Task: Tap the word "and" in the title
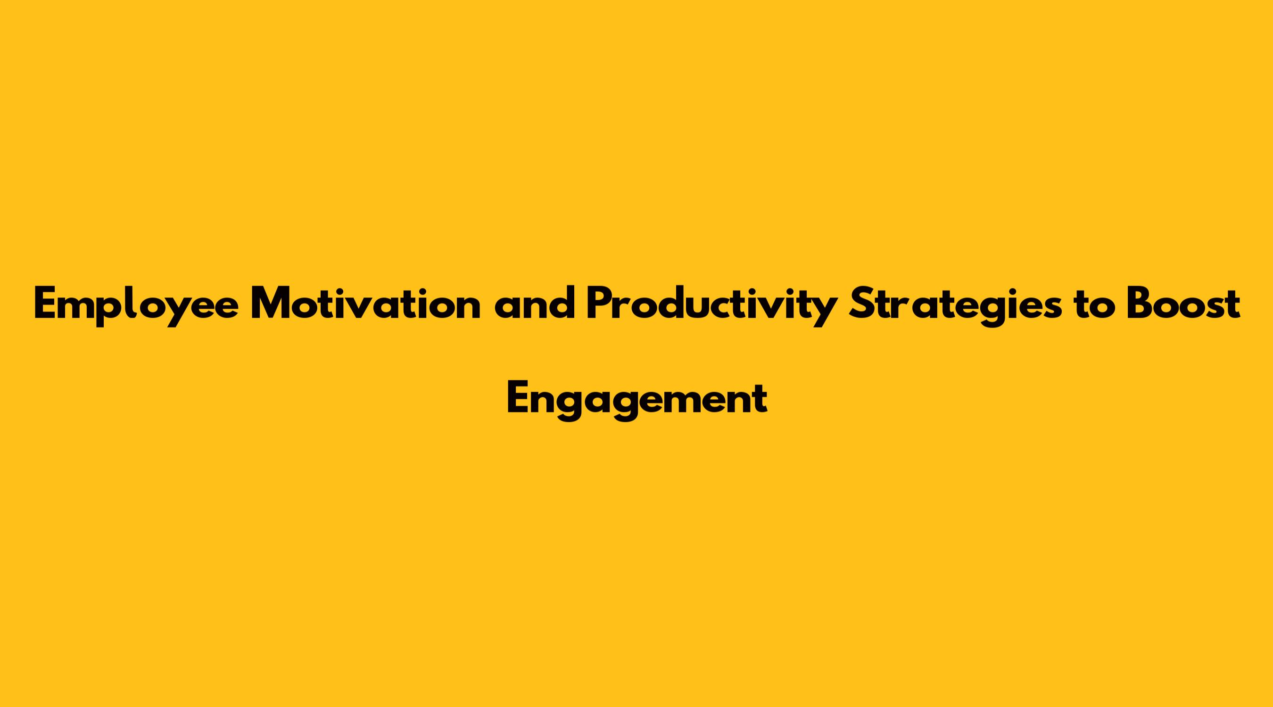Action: tap(535, 304)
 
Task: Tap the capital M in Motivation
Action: tap(272, 304)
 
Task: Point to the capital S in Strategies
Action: tap(860, 304)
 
